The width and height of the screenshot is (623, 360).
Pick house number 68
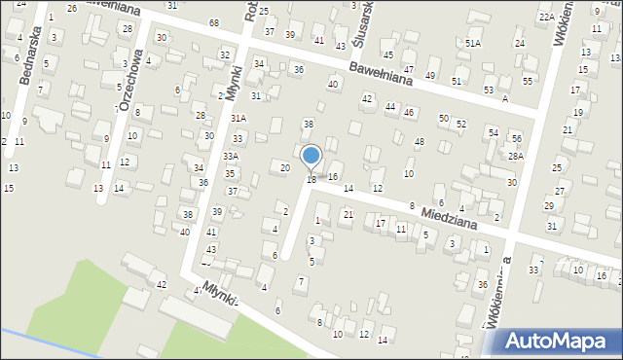coord(214,22)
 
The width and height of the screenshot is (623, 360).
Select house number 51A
coord(473,44)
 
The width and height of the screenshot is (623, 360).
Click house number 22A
coord(546,17)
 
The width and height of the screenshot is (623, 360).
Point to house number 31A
coord(238,118)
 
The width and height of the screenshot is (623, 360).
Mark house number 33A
coord(231,156)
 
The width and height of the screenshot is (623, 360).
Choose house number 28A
coord(515,156)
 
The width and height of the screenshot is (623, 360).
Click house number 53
coord(488,90)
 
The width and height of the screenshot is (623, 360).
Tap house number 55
coord(527,81)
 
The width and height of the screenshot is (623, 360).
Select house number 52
coord(460,125)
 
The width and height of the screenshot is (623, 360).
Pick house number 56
coord(516,139)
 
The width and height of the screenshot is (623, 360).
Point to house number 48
coord(419,142)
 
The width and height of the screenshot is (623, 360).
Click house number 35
coord(230,173)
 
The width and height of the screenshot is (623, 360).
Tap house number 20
coord(284,167)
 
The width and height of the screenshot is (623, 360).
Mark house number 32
coord(225,55)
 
